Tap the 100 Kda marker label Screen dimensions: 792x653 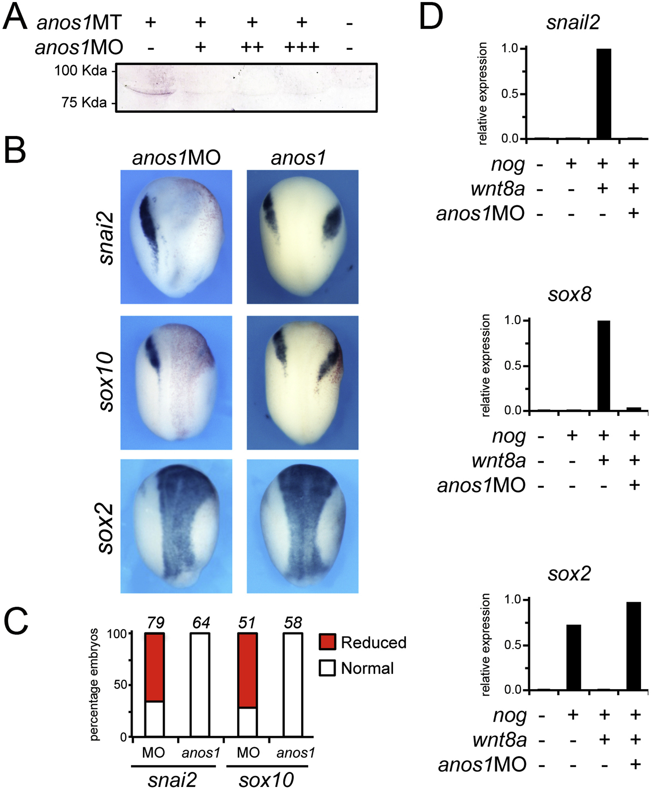[x=80, y=70]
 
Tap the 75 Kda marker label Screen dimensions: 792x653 [x=84, y=102]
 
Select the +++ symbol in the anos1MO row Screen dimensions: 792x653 [x=302, y=47]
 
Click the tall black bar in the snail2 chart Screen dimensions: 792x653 [x=604, y=94]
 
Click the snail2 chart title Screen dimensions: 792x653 [x=573, y=23]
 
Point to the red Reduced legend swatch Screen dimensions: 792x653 [x=327, y=643]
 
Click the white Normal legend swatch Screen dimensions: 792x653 [x=327, y=669]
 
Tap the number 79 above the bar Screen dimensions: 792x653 [x=155, y=623]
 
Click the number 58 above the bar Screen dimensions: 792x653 [x=293, y=623]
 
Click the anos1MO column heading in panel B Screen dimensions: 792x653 [x=176, y=158]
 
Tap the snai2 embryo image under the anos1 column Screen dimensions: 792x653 [x=303, y=237]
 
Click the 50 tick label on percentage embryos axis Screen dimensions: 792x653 [x=120, y=685]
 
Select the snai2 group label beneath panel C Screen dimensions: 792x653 [x=172, y=780]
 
